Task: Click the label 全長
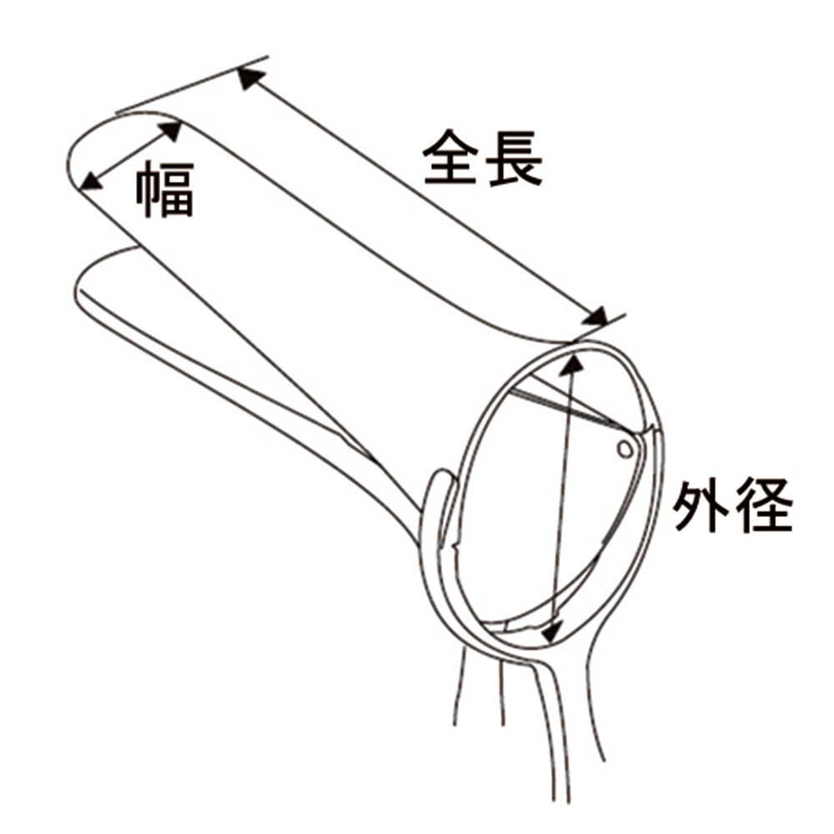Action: [483, 158]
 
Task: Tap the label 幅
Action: [165, 190]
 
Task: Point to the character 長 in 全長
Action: [515, 158]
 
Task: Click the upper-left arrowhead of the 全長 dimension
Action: [250, 78]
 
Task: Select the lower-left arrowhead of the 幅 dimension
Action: [92, 181]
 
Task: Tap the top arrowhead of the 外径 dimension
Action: [572, 366]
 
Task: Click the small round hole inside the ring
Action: [625, 450]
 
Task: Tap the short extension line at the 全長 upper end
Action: [192, 84]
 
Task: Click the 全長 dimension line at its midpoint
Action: [423, 198]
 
